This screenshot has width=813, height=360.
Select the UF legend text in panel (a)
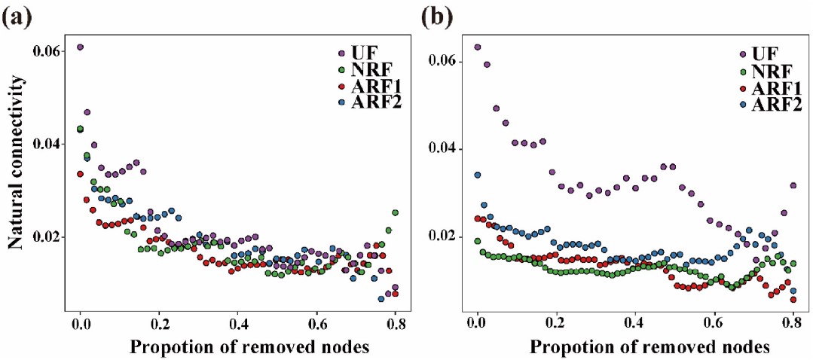pyautogui.click(x=363, y=53)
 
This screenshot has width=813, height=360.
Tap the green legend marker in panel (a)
pyautogui.click(x=341, y=70)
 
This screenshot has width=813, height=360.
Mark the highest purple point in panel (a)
pyautogui.click(x=80, y=47)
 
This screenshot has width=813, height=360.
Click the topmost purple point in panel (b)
pyautogui.click(x=477, y=47)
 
